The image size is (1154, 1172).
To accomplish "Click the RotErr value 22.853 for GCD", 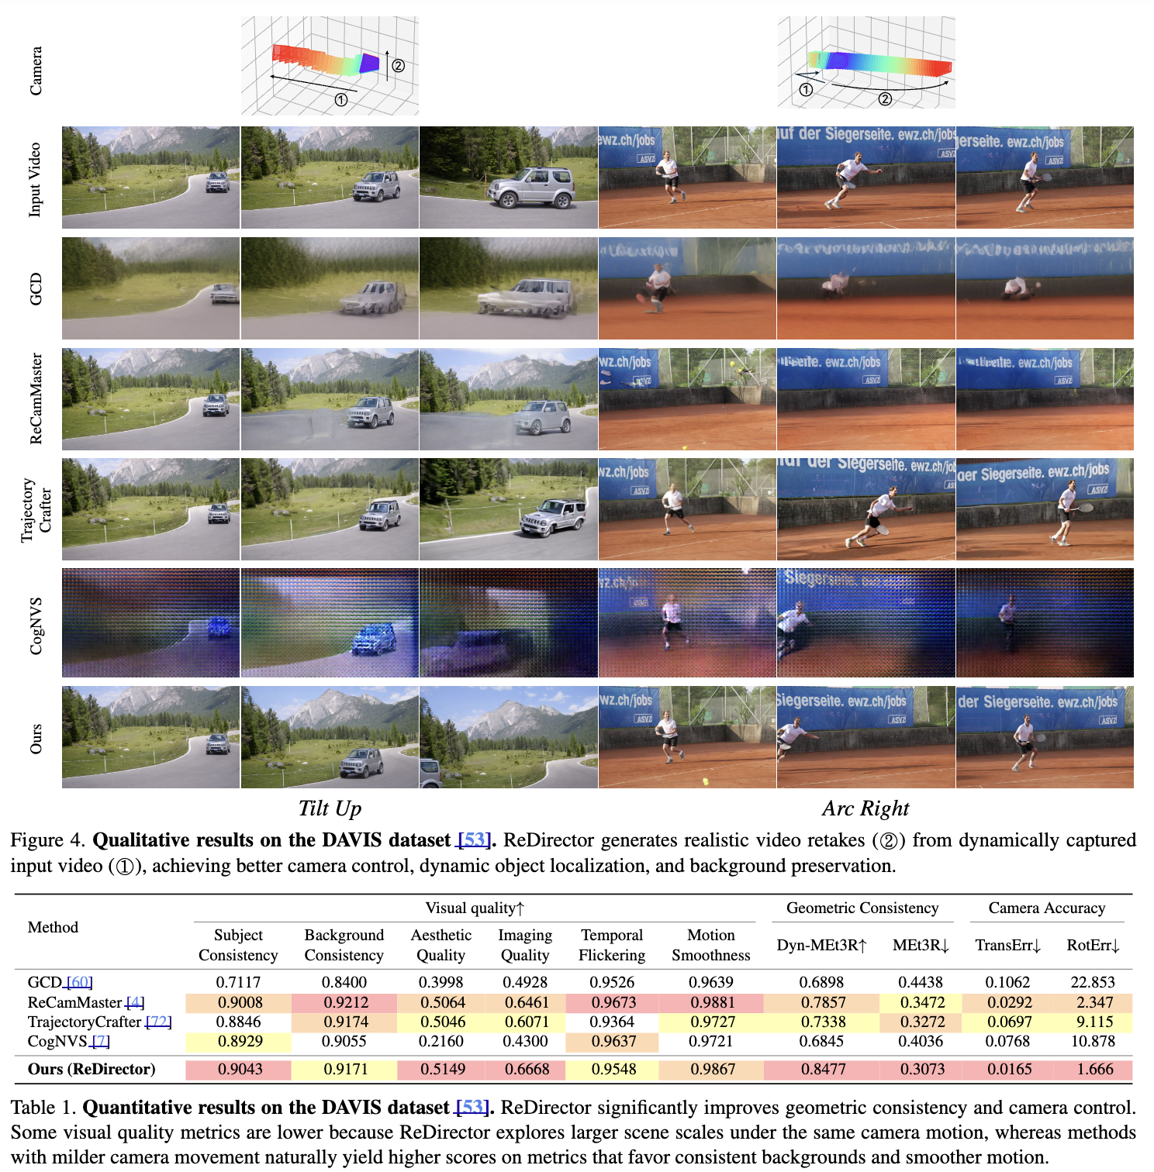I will coord(1092,982).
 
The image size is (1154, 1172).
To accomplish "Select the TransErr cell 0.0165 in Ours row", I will coord(1008,1069).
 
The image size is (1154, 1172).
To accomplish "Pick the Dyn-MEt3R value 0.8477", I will coord(821,1069).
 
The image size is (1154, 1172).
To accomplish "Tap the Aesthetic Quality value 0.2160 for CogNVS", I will coord(441,1041).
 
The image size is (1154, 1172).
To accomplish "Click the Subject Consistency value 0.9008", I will coord(240,1002).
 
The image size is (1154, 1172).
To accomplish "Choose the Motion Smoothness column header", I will coord(710,945).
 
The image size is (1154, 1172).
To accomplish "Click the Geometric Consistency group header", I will coord(862,908).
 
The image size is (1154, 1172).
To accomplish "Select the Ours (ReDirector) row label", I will coord(92,1069).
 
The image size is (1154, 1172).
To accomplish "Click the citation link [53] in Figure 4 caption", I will coord(474,840).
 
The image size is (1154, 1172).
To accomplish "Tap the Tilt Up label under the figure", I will coord(330,808).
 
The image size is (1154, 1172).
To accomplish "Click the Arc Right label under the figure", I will coord(865,808).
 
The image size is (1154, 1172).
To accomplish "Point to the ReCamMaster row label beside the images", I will coord(36,398).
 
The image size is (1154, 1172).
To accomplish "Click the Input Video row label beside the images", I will coord(36,178).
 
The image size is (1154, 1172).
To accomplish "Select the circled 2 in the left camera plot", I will coord(398,66).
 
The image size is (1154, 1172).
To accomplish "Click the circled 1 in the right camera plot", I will coord(806,90).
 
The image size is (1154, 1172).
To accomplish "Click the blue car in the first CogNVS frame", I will coord(219,626).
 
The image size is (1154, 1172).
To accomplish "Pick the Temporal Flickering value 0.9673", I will coord(613,1002).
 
